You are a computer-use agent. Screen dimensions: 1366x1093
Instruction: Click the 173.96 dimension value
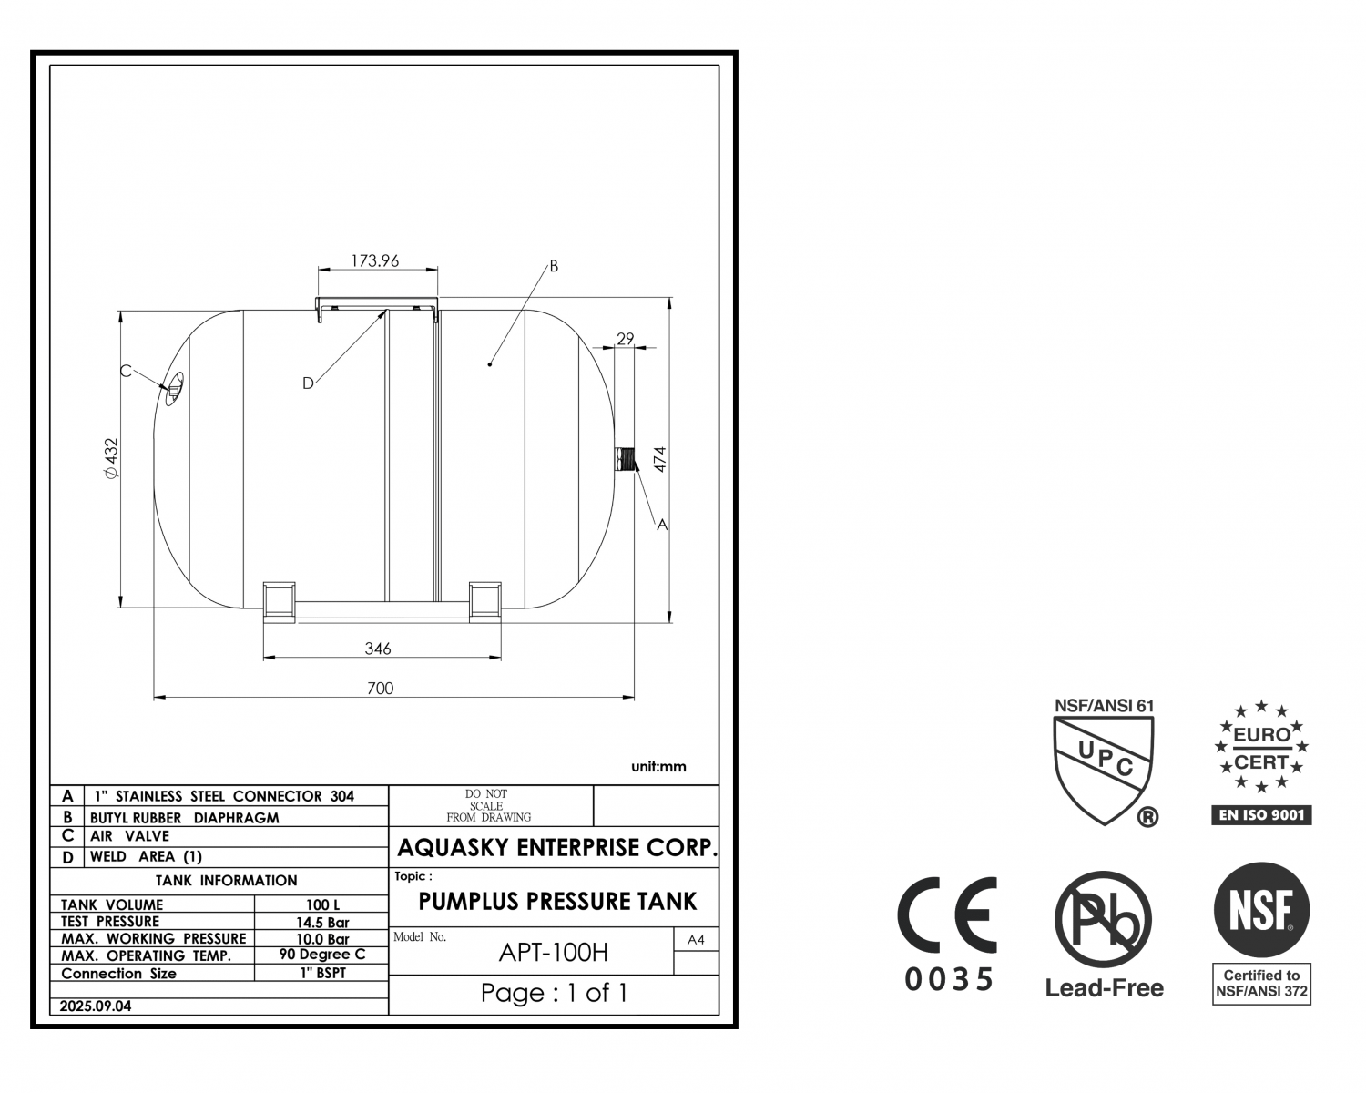coord(375,261)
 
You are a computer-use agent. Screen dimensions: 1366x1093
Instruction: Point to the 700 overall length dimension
coord(381,689)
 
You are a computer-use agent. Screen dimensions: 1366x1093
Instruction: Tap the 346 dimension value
coord(378,649)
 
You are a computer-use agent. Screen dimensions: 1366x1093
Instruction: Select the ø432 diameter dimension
coord(112,458)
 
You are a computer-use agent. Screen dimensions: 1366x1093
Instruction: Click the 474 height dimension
coord(660,459)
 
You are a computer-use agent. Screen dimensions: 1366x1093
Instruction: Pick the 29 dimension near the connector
coord(626,339)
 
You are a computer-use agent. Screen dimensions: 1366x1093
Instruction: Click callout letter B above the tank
coord(554,266)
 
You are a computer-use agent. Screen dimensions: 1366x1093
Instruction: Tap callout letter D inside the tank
coord(308,383)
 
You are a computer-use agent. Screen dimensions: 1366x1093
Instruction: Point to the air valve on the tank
coord(174,389)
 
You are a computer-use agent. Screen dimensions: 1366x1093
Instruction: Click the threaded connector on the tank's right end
coord(625,459)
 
